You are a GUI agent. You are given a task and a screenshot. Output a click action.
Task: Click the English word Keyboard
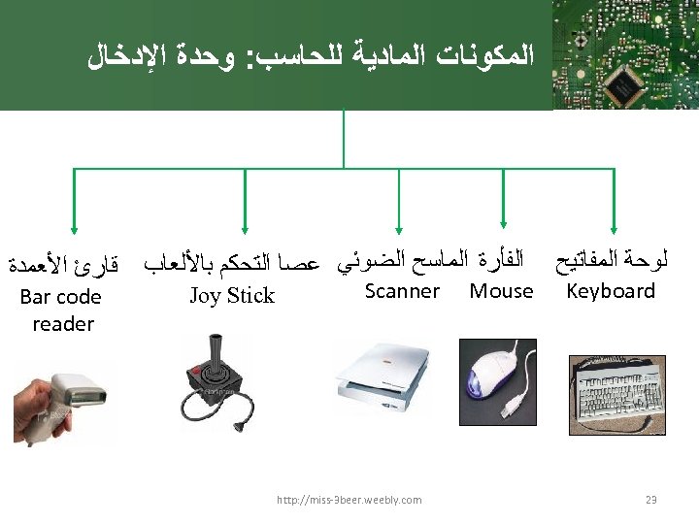pyautogui.click(x=611, y=291)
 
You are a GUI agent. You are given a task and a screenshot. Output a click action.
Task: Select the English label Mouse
pyautogui.click(x=501, y=291)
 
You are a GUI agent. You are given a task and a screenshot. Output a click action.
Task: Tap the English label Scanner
pyautogui.click(x=402, y=291)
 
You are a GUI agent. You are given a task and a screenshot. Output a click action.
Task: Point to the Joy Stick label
pyautogui.click(x=231, y=296)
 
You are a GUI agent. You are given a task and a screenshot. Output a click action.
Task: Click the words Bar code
pyautogui.click(x=60, y=297)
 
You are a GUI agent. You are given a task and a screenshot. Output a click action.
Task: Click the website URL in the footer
pyautogui.click(x=349, y=500)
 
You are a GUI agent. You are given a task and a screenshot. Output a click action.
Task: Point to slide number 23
pyautogui.click(x=651, y=500)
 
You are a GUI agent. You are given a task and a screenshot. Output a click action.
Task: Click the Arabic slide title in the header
pyautogui.click(x=311, y=55)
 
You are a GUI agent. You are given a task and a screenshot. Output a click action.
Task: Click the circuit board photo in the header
pyautogui.click(x=626, y=54)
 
